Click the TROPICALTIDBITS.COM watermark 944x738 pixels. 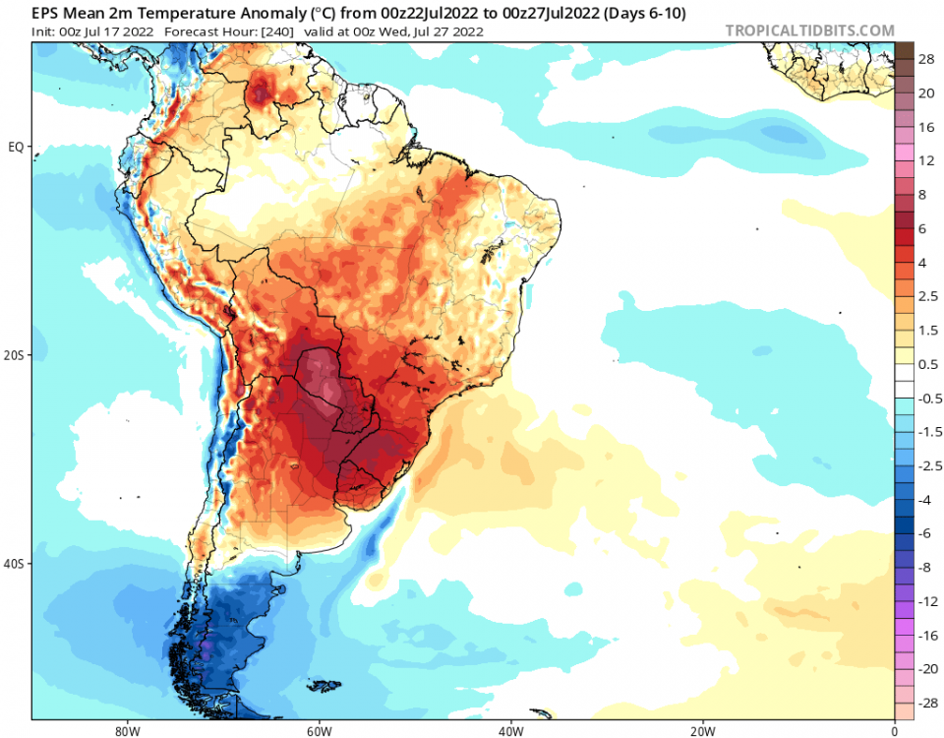[x=809, y=31]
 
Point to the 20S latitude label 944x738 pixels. [x=16, y=355]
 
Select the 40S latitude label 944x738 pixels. [x=16, y=564]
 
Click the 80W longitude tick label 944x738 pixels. [x=125, y=731]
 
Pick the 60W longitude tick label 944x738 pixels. [x=318, y=731]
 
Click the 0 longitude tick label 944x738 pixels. [x=894, y=731]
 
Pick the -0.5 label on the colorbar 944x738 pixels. [x=926, y=399]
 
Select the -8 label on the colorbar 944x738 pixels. [x=926, y=568]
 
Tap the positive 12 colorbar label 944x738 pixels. [x=926, y=159]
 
